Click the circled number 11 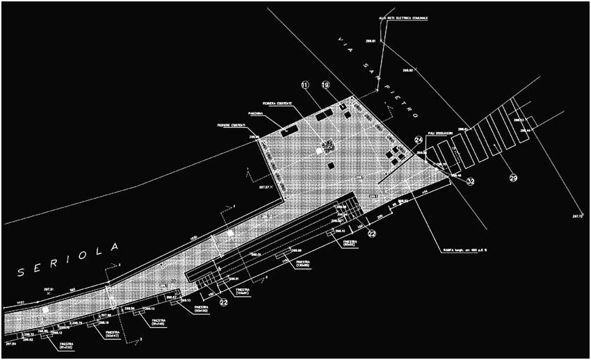tap(304, 85)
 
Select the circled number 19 tap(325, 85)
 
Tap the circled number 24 tap(419, 139)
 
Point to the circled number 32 tap(471, 181)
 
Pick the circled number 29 tap(514, 179)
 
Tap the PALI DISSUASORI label tap(441, 133)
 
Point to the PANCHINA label tap(255, 113)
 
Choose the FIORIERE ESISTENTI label tap(232, 125)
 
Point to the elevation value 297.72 tap(577, 217)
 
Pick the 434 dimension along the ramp tap(423, 193)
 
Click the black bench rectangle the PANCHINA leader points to tap(290, 129)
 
